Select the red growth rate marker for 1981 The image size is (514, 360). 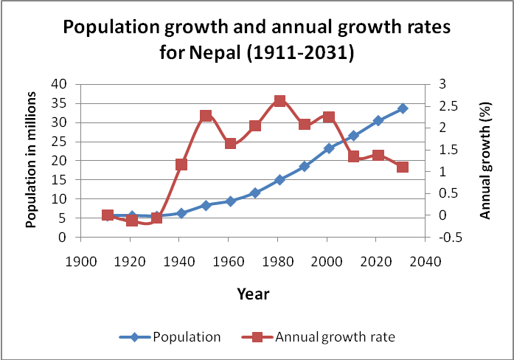(279, 101)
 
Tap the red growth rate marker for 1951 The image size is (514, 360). (206, 116)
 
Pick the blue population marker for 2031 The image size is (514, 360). (403, 108)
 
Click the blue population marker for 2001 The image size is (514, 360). (329, 148)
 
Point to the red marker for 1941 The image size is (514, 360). (181, 165)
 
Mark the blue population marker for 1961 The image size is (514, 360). (230, 201)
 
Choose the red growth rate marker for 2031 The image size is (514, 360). (403, 167)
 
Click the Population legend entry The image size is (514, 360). (186, 337)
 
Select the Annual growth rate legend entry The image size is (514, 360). (335, 337)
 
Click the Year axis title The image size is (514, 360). (253, 294)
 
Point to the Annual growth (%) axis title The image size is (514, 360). (485, 161)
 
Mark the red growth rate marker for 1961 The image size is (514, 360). (230, 144)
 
